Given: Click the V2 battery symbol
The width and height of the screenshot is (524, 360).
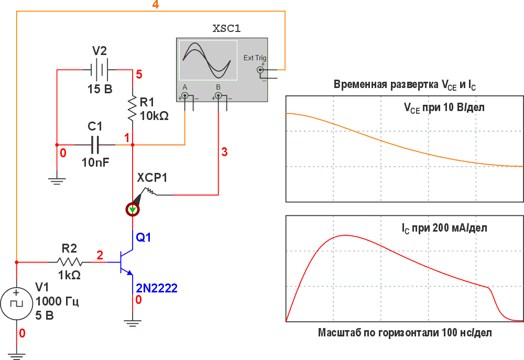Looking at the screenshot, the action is click(99, 70).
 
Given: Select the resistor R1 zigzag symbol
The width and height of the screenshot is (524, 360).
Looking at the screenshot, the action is click(133, 108).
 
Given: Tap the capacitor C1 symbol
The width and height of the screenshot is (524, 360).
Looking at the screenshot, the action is click(95, 145).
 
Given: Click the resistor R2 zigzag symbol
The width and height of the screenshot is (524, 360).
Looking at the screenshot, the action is click(70, 262).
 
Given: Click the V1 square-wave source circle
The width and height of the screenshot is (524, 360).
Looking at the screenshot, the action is click(16, 303).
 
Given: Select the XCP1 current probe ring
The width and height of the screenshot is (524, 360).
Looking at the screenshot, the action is click(133, 210).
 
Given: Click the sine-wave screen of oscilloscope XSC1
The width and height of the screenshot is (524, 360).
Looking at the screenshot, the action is click(208, 60).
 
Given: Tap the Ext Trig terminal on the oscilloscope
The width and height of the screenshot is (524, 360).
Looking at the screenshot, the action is click(260, 70).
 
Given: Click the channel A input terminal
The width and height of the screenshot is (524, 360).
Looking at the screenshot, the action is click(184, 96).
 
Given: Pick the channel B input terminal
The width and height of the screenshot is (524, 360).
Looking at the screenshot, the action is click(218, 96).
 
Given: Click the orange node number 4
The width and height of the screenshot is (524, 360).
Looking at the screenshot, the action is click(156, 5).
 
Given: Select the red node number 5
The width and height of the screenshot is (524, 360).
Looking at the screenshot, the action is click(139, 74).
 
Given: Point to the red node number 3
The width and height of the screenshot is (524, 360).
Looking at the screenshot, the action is click(224, 152).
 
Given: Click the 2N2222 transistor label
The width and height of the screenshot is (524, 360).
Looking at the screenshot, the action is click(156, 288).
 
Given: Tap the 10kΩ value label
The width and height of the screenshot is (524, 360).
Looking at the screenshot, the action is click(154, 116).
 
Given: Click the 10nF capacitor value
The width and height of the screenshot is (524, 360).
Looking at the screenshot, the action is click(95, 162).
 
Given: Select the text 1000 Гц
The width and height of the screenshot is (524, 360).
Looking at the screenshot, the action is click(57, 301).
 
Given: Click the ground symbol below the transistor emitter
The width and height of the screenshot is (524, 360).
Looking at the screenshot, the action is click(133, 323).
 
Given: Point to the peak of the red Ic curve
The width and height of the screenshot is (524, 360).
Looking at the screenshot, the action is click(344, 235).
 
